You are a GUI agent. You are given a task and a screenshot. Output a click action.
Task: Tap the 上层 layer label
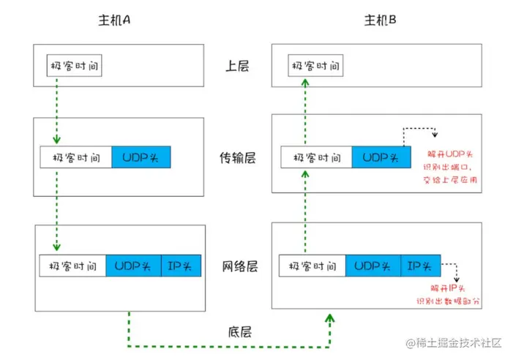coord(237,67)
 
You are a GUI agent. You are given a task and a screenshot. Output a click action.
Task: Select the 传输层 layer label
coord(237,157)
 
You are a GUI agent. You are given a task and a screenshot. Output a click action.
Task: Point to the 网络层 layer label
coord(237,266)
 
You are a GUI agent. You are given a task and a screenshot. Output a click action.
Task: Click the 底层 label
coord(237,331)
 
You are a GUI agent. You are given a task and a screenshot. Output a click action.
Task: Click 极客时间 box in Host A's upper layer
coord(74,67)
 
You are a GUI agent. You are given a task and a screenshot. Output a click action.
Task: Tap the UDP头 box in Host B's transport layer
coord(381,157)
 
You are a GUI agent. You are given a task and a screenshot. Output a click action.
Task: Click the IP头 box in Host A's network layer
coord(180,266)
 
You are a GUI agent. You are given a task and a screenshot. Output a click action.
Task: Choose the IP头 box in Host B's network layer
coord(421,266)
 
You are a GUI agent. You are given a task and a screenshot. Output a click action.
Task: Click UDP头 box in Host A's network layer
coord(133,266)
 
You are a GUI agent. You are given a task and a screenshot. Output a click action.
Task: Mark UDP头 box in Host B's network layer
coord(373,266)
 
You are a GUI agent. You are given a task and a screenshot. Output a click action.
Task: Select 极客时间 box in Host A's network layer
coord(74,266)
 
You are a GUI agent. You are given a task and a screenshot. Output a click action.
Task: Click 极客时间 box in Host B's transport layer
coord(316,157)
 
